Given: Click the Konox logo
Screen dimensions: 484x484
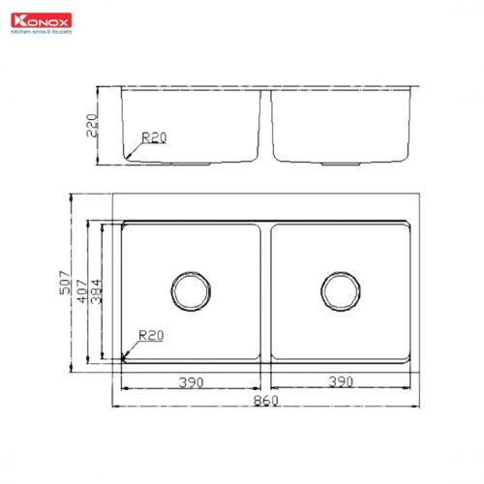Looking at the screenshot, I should pos(36,17).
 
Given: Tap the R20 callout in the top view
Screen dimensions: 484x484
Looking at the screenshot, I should pos(150,336).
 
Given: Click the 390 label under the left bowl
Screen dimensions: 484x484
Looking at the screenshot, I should pos(190,382).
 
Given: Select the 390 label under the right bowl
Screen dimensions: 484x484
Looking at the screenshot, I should pos(340,382).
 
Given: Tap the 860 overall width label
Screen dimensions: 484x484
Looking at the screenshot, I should pos(266,400).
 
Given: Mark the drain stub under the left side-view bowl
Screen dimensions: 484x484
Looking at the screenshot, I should pos(191,164).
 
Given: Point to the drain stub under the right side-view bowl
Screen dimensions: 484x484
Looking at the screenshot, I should pos(341,164).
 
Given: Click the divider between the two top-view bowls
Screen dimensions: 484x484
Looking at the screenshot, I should pos(265,290).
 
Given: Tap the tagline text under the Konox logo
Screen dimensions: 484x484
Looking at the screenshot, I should pos(41,31).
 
